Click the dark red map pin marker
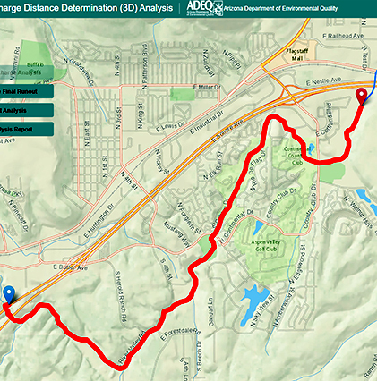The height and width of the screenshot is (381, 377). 362,97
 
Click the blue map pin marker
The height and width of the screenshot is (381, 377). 9,294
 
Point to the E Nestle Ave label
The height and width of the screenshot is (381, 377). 324,81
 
